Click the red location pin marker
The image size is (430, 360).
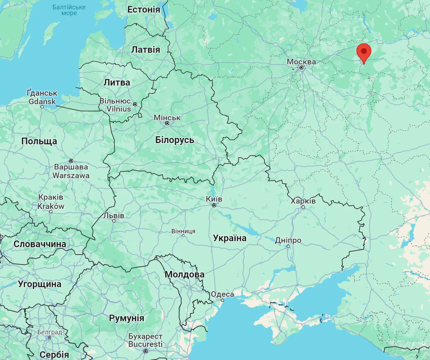pyautogui.click(x=364, y=52)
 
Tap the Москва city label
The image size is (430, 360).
pyautogui.click(x=301, y=61)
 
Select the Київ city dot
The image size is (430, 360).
pyautogui.click(x=214, y=205)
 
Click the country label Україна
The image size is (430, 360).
pyautogui.click(x=229, y=238)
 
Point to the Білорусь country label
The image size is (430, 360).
pyautogui.click(x=175, y=140)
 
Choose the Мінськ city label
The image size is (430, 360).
pyautogui.click(x=167, y=118)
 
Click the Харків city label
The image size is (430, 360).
pyautogui.click(x=303, y=201)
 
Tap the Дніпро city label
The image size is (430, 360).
pyautogui.click(x=288, y=240)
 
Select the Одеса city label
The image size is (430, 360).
pyautogui.click(x=222, y=294)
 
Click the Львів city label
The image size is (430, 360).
pyautogui.click(x=114, y=215)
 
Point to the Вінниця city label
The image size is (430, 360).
pyautogui.click(x=183, y=231)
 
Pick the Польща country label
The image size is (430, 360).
pyautogui.click(x=39, y=141)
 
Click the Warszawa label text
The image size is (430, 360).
pyautogui.click(x=71, y=175)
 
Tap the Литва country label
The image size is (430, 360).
pyautogui.click(x=117, y=82)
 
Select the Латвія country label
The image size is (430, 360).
pyautogui.click(x=146, y=50)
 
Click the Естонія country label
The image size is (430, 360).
pyautogui.click(x=144, y=10)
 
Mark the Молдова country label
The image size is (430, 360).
pyautogui.click(x=184, y=274)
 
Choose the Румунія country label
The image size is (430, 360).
pyautogui.click(x=127, y=318)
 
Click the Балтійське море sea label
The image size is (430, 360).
pyautogui.click(x=69, y=10)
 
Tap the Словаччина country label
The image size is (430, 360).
pyautogui.click(x=40, y=244)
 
